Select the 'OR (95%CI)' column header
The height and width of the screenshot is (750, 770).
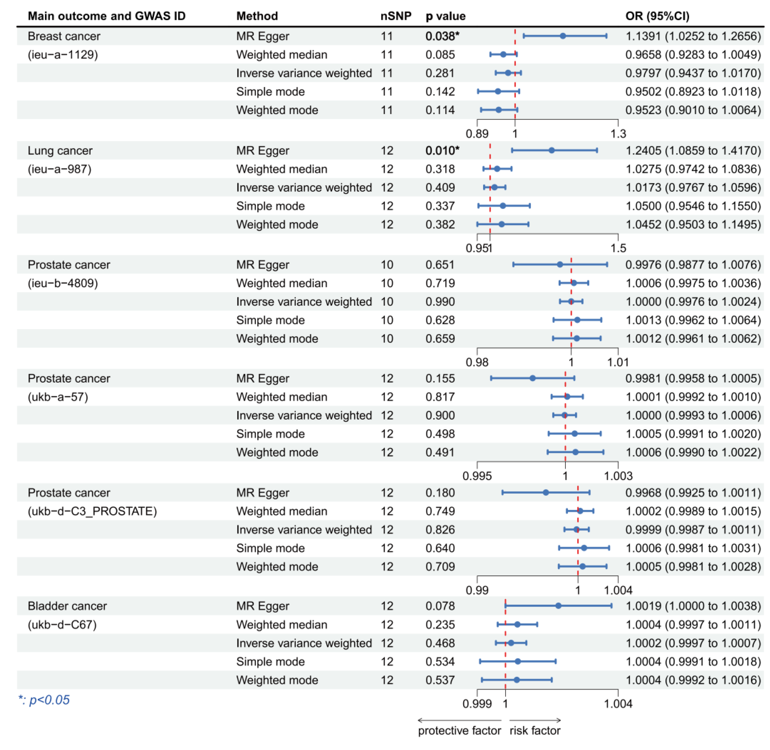tap(657, 16)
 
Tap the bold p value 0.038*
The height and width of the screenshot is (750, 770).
tap(442, 36)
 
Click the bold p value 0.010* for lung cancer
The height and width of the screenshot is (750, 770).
tap(442, 150)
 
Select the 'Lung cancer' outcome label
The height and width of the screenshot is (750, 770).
tap(60, 150)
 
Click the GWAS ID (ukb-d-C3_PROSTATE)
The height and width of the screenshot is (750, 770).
tap(92, 511)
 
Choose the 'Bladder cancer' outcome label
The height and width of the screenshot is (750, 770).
tap(67, 606)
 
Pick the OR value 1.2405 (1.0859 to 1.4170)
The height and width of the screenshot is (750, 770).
tap(693, 150)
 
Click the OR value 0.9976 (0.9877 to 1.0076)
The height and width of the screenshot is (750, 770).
tap(693, 265)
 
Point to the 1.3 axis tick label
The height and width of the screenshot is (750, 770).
tap(618, 134)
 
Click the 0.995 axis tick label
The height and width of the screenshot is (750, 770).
tap(477, 476)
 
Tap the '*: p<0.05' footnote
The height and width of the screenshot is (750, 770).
tap(44, 700)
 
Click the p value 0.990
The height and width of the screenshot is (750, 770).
tap(440, 302)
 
